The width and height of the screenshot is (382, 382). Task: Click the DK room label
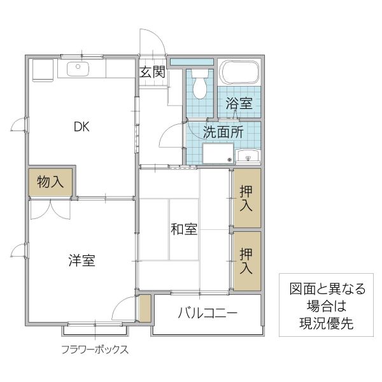pos(81,127)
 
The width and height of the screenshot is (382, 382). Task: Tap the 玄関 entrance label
pos(153,72)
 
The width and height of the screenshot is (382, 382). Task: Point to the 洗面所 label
pos(223,133)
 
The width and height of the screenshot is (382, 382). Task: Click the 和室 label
pos(183,230)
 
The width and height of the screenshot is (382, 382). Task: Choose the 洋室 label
pos(82,260)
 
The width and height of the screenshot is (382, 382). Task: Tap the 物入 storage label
pos(50,182)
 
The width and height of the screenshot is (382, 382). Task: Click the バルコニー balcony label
pos(208,313)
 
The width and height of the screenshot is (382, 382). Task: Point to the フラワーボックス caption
pos(95,350)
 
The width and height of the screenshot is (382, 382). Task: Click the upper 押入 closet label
pos(246,198)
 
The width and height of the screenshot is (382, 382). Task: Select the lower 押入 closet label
pos(246,261)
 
